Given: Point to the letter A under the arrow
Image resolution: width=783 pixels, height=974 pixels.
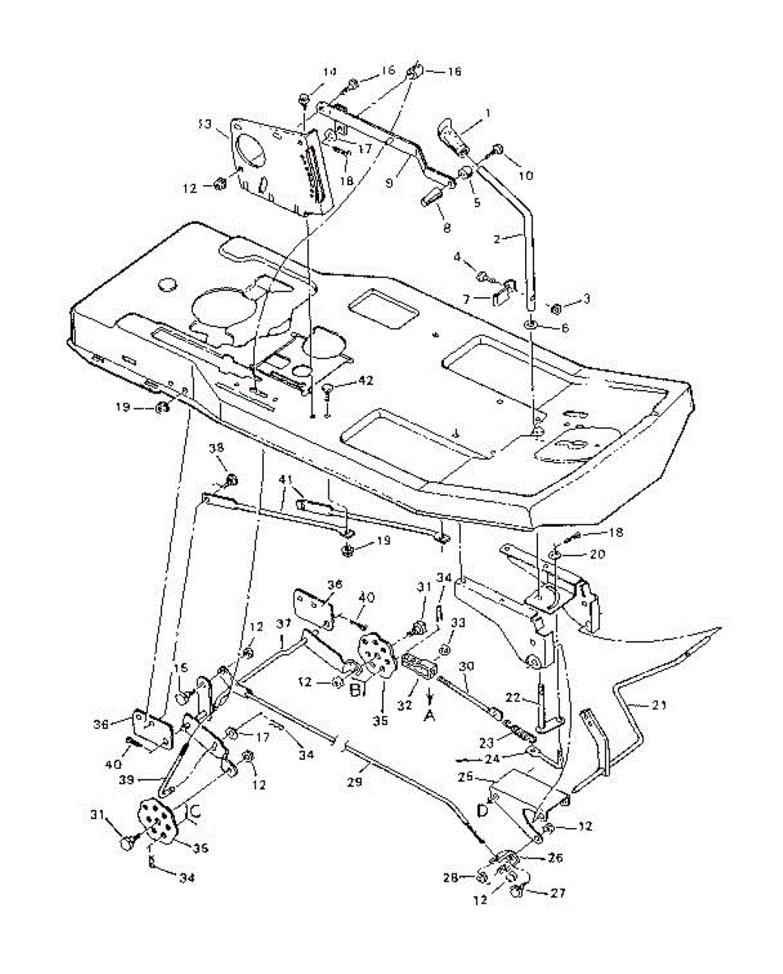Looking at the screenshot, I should point(429,716).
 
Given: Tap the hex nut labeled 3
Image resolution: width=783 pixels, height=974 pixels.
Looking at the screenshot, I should point(556,308).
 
